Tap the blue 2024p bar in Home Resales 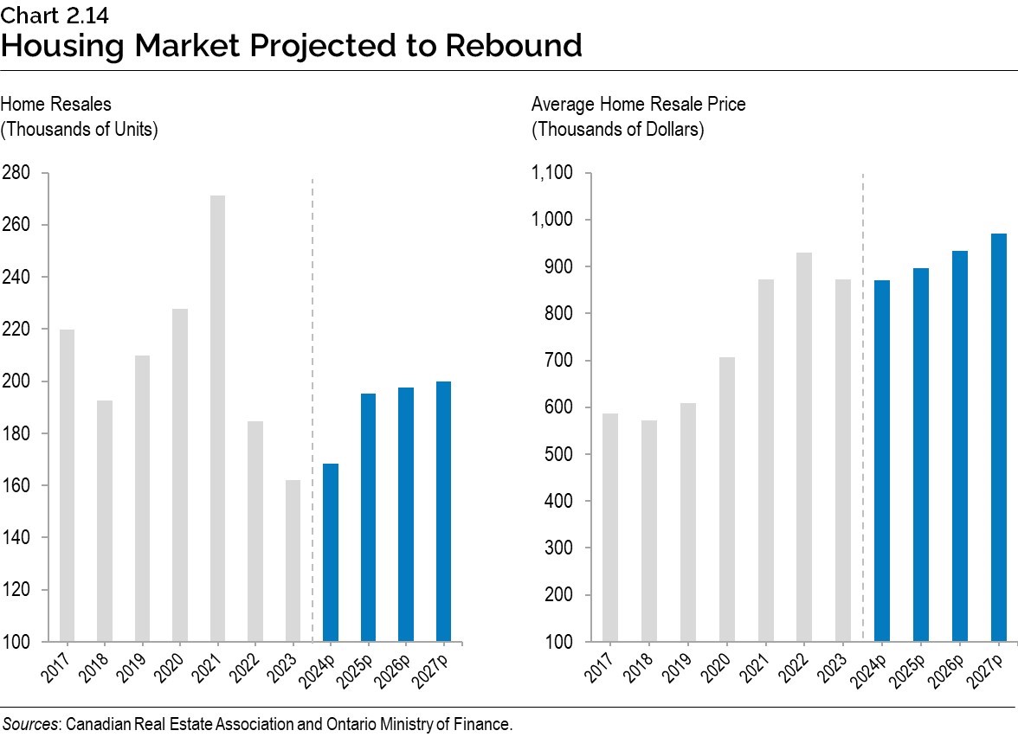point(330,553)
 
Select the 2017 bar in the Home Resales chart point(67,485)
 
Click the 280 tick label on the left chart point(16,173)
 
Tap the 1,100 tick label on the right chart point(552,173)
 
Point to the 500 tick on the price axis point(558,454)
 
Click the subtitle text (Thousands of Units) point(79,130)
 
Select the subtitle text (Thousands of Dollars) point(617,130)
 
